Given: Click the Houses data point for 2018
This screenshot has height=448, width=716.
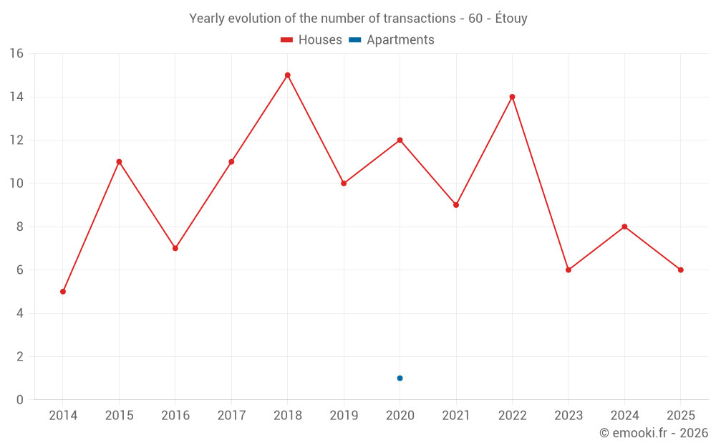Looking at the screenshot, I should click(x=287, y=75).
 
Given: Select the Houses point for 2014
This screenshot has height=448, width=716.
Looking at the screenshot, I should click(x=63, y=292).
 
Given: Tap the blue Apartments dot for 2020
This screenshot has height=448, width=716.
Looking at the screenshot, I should click(x=400, y=378).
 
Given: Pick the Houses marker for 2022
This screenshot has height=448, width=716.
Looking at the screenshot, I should click(x=512, y=97).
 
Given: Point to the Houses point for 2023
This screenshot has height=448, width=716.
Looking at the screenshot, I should click(x=569, y=270).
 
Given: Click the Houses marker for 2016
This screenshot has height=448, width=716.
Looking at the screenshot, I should click(x=175, y=248).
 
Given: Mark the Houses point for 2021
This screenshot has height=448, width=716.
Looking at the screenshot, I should click(x=456, y=205).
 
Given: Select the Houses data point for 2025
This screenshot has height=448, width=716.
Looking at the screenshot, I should click(x=681, y=270).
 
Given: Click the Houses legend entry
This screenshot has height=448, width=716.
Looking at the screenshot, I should click(x=311, y=40).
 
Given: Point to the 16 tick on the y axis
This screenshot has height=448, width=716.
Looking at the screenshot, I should click(x=16, y=54).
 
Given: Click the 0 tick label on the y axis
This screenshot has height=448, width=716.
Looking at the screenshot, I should click(x=19, y=400).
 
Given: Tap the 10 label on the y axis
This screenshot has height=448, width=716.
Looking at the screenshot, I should click(x=16, y=184).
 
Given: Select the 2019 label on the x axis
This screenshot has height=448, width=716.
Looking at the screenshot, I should click(x=344, y=416).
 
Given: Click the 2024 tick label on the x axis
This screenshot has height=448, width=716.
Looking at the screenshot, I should click(x=624, y=416).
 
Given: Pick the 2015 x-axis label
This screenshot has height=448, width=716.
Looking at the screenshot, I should click(x=119, y=416).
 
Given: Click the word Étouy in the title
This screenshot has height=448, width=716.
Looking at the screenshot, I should click(x=511, y=19).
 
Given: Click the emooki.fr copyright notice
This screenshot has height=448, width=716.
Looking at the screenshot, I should click(x=653, y=433).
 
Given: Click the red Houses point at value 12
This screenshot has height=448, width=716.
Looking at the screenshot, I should click(x=400, y=140).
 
